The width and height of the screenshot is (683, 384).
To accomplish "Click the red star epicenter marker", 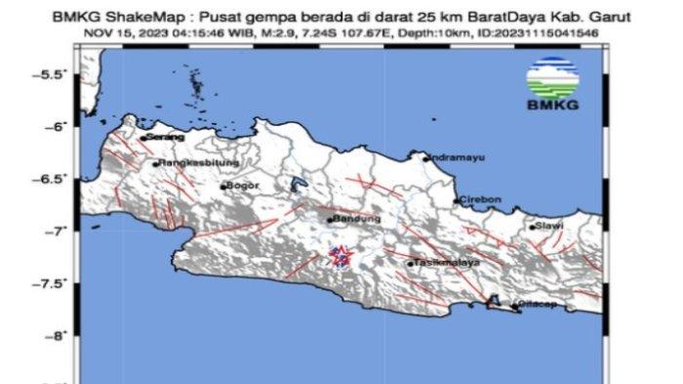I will point(340,256).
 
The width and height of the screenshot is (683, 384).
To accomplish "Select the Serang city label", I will point(165,138).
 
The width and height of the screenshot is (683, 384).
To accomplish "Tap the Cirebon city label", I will point(481,199).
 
